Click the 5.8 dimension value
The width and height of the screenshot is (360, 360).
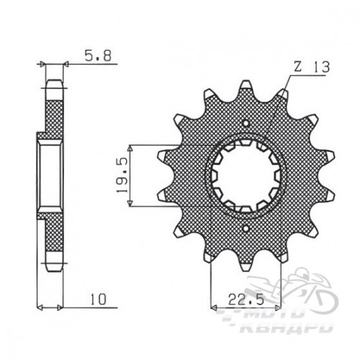pos(98,57)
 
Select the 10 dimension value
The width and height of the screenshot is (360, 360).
pos(98,300)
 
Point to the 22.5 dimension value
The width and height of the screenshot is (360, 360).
pos(246,300)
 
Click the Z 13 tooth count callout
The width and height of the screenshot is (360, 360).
pos(312,67)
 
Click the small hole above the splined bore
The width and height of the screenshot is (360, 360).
pos(246,123)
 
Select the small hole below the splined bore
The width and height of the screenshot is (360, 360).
pos(246,228)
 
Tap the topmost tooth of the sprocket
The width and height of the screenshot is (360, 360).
pos(246,86)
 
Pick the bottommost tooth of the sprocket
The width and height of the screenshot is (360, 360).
pos(246,265)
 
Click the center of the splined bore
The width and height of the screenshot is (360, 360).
pos(246,176)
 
